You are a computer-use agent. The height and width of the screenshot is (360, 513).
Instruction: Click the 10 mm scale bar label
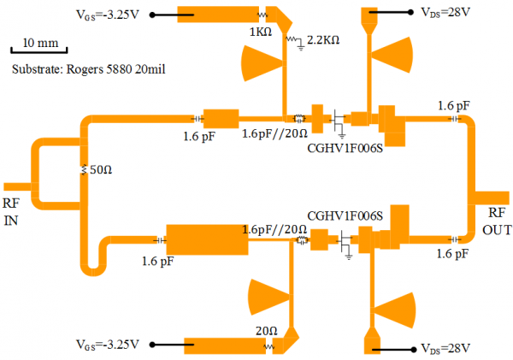[x=41, y=42]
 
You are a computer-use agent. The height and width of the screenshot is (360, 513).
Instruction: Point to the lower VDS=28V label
[x=445, y=348]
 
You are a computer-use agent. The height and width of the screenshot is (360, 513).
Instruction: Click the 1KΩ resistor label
[x=260, y=32]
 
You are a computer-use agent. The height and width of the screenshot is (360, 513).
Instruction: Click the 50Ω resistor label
[x=101, y=170]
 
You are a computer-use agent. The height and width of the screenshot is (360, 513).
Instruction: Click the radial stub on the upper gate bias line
[x=262, y=62]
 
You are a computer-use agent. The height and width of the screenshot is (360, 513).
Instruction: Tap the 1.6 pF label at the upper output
[x=454, y=105]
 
